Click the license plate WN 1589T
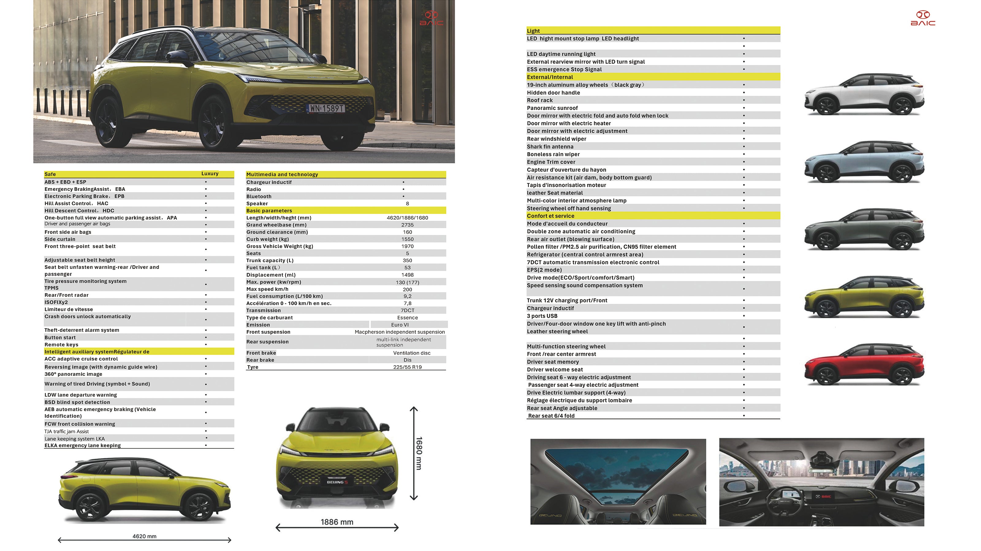326,108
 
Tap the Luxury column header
210,174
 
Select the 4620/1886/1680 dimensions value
407,218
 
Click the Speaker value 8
407,204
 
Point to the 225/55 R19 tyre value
407,367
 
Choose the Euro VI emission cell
400,325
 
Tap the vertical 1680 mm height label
419,453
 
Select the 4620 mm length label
144,537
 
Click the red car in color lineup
864,365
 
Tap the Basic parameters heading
269,211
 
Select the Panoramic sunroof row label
552,108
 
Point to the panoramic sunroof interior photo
618,481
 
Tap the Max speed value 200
407,289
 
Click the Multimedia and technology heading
282,175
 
